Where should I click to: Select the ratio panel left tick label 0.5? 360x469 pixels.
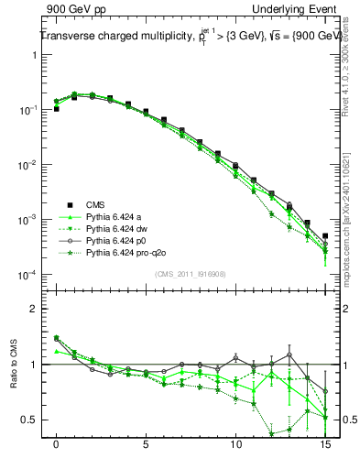pos(30,420)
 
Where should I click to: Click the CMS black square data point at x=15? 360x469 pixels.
pos(325,236)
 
